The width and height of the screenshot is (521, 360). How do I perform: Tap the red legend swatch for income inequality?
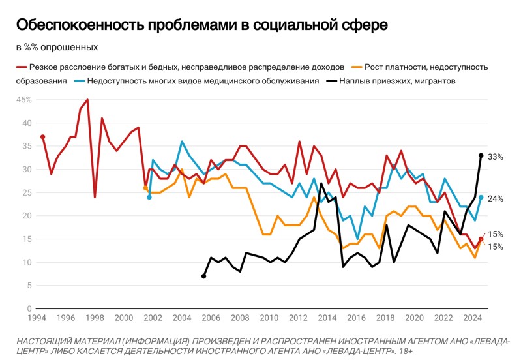coord(21,67)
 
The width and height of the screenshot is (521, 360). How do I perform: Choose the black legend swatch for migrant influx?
coord(332,82)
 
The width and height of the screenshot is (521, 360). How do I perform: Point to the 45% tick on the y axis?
coord(23,100)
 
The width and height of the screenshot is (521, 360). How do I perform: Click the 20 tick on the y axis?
coord(27,216)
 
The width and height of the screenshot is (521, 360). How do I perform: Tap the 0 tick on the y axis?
coord(29,308)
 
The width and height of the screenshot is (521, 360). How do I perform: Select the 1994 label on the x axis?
coord(36,318)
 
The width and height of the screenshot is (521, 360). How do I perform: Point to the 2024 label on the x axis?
coord(472,318)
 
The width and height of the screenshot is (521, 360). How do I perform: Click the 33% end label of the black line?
coord(495,157)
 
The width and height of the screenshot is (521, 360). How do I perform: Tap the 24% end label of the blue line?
coord(495,198)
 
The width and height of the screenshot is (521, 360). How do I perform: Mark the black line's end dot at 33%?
coord(481,155)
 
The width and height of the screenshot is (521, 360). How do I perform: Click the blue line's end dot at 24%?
coord(481,197)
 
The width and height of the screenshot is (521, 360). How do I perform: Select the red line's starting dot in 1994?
coord(42,137)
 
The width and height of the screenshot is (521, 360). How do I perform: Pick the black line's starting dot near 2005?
coord(203,276)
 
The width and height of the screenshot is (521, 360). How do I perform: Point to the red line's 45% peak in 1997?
coord(87,100)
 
